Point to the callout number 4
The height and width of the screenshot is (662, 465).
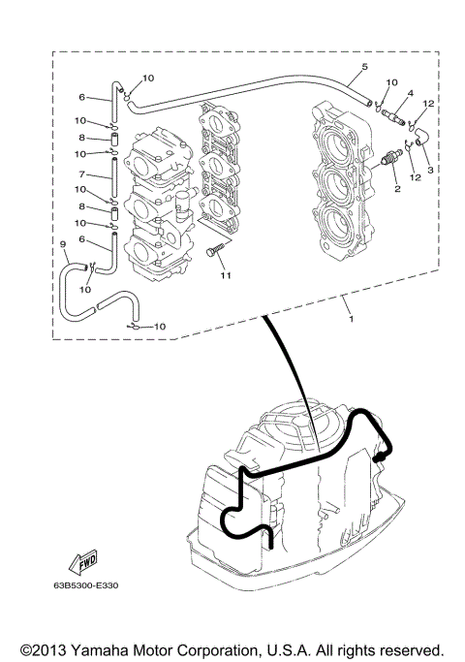(411, 93)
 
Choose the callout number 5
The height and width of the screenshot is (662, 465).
(363, 67)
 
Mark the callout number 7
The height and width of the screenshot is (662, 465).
(82, 173)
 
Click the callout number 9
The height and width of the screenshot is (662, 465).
(64, 243)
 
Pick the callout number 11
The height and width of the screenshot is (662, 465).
(225, 276)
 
